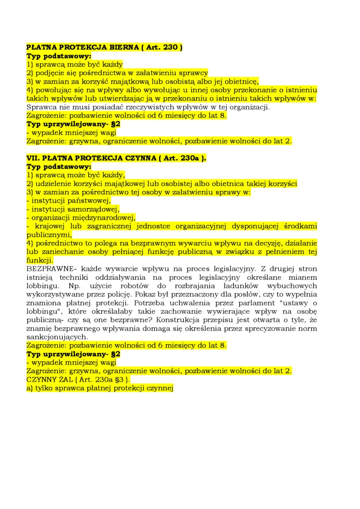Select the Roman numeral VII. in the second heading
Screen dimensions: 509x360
point(33,158)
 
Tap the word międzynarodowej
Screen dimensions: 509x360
point(107,217)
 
